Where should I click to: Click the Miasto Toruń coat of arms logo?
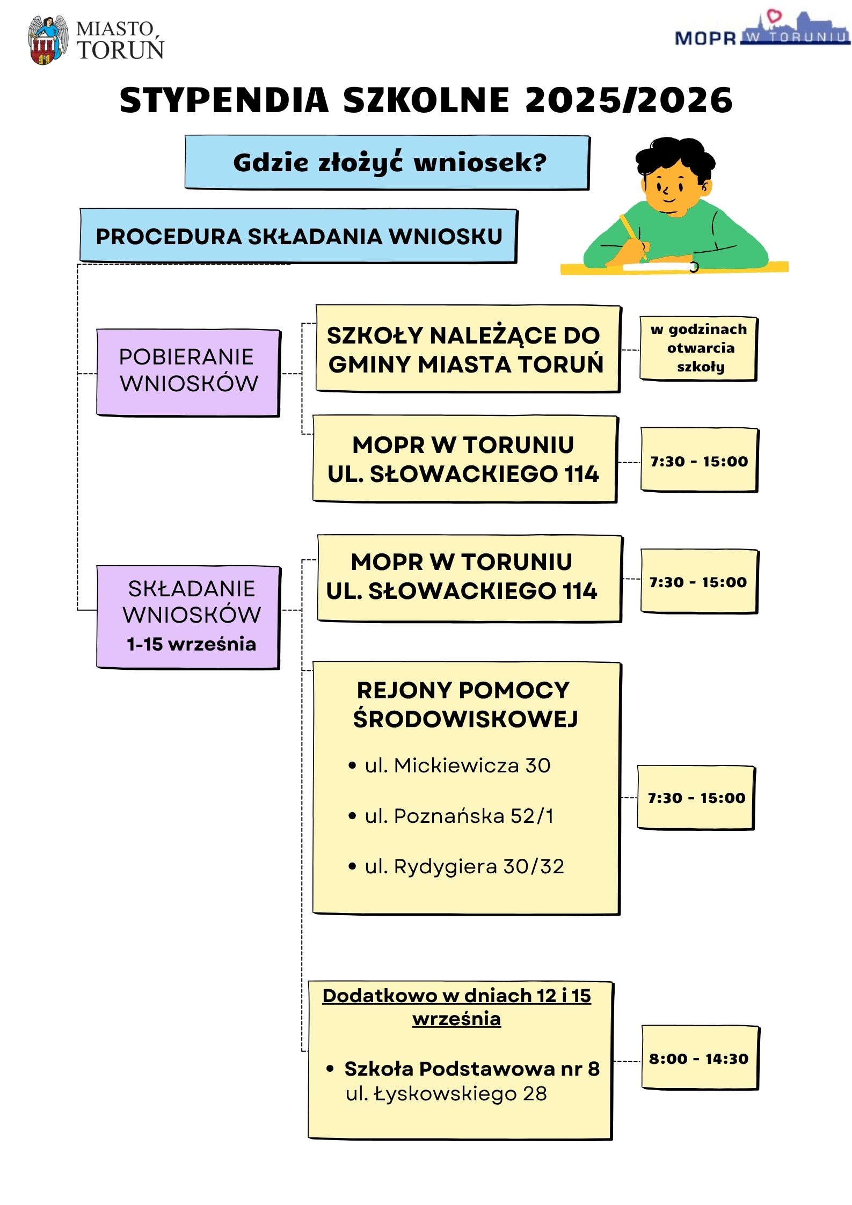[47, 40]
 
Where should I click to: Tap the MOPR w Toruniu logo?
[762, 30]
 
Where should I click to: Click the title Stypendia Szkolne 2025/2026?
[426, 100]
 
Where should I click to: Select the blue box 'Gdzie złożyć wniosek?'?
[387, 162]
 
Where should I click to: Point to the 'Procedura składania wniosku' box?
[298, 236]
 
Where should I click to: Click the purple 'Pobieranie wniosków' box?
[188, 371]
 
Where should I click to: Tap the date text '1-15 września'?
[191, 644]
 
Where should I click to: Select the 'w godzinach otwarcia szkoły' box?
[698, 348]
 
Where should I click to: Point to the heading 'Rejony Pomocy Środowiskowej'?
[464, 704]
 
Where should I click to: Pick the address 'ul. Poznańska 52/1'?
[459, 816]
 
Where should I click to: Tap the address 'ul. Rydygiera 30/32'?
[464, 866]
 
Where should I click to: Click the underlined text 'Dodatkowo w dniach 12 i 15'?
[456, 996]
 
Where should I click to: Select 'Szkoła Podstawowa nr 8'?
[471, 1069]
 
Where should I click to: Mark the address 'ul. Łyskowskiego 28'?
[446, 1093]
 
